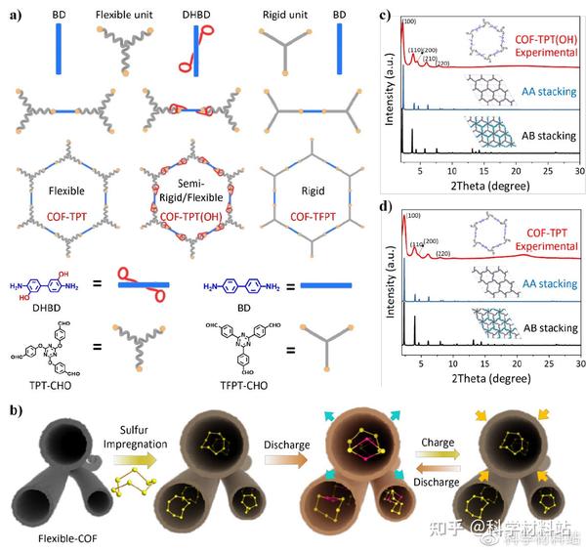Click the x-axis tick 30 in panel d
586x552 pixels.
click(578, 361)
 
